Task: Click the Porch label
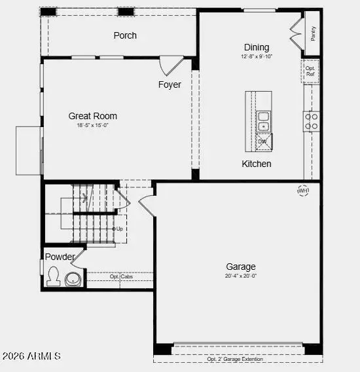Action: click(x=125, y=35)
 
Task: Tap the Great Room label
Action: click(x=93, y=116)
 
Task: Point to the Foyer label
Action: click(x=170, y=85)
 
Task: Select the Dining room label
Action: click(x=257, y=47)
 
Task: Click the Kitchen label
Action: click(x=257, y=164)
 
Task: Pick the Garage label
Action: click(x=241, y=267)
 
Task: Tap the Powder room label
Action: click(x=60, y=257)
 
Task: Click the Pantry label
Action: click(x=314, y=33)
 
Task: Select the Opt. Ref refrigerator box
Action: click(x=311, y=71)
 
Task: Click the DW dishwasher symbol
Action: click(x=263, y=142)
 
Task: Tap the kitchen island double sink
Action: click(x=263, y=121)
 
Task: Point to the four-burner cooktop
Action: click(x=312, y=121)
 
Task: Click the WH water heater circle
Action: click(x=303, y=191)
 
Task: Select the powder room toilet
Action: click(x=53, y=277)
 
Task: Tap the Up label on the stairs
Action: click(x=119, y=229)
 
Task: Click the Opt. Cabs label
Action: click(x=121, y=276)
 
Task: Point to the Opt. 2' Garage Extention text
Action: click(x=235, y=359)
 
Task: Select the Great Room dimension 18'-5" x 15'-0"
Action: click(x=93, y=125)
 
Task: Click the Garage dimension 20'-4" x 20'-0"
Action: click(x=241, y=276)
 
